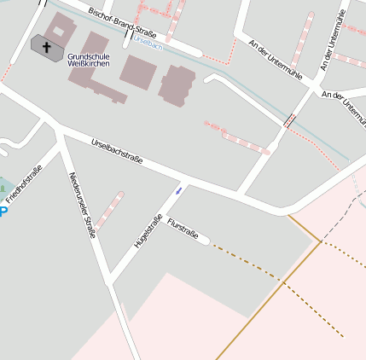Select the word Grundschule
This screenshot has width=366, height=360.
click(88, 56)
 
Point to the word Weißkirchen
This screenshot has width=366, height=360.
click(88, 64)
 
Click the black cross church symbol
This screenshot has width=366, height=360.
click(46, 48)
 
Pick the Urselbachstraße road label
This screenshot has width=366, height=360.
click(116, 151)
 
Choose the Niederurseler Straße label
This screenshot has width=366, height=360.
click(83, 205)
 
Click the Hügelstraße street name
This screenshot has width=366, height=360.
click(148, 230)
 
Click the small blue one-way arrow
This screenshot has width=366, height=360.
click(178, 190)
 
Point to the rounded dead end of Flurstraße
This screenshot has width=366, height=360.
click(205, 241)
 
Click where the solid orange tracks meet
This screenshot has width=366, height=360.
click(321, 242)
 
